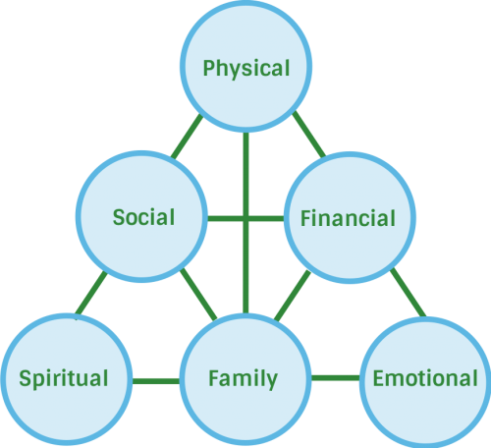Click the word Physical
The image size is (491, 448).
point(246,69)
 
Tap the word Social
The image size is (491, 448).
point(143,217)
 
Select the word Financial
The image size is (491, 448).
point(348,218)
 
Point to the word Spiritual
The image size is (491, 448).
point(64,379)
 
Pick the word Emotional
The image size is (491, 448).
point(425,378)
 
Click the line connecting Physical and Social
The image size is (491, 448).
point(187,137)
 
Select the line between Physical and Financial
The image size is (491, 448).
point(309,135)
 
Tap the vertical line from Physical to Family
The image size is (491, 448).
point(245,223)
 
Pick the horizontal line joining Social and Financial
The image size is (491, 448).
point(245,218)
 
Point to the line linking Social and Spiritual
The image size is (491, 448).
point(91,293)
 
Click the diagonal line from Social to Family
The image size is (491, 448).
point(198,294)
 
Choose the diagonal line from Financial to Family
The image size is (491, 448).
point(293,296)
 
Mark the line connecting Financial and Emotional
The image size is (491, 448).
point(409,293)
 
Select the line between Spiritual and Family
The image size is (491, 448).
point(156,381)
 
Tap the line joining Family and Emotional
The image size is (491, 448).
point(336,378)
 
